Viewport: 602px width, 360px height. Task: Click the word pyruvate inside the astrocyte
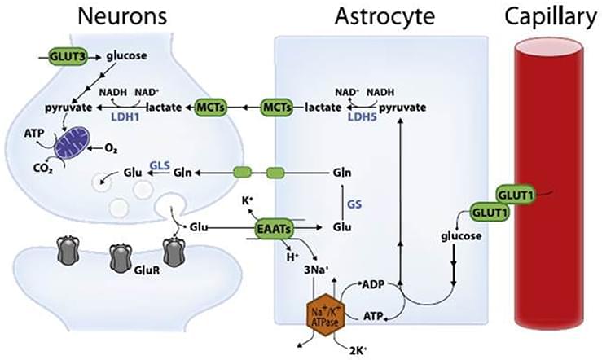coord(402,107)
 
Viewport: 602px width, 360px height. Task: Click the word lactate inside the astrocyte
coord(322,107)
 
